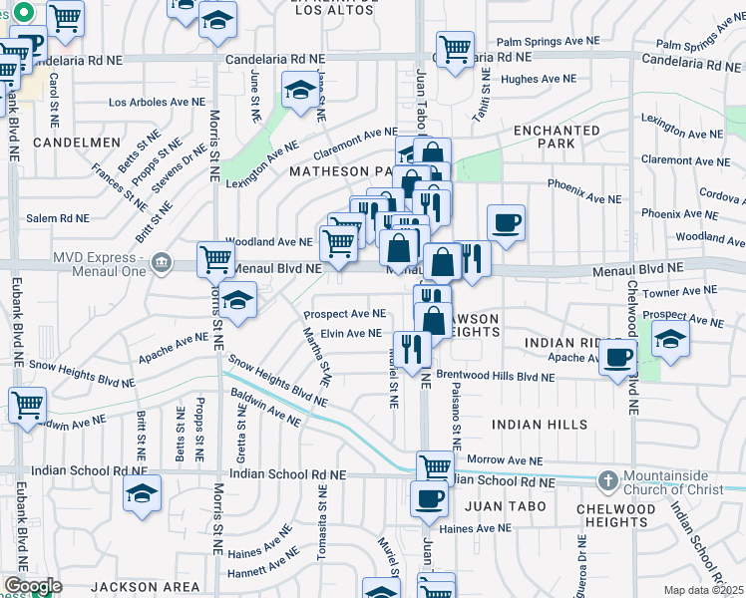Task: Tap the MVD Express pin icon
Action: point(162,263)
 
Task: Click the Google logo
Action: point(33,586)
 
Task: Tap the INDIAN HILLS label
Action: point(539,425)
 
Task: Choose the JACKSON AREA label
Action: point(138,587)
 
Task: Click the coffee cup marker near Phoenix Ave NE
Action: point(506,222)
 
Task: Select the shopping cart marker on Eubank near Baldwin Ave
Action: point(27,405)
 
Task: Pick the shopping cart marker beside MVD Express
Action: point(215,259)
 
